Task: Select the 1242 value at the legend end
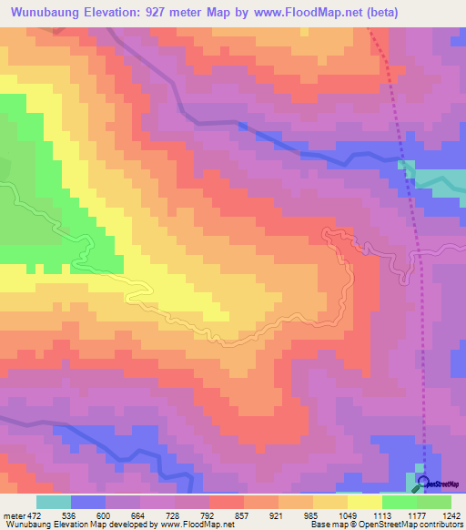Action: [452, 515]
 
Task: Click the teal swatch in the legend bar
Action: [53, 502]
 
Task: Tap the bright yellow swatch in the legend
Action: [364, 502]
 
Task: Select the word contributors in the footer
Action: [441, 525]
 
